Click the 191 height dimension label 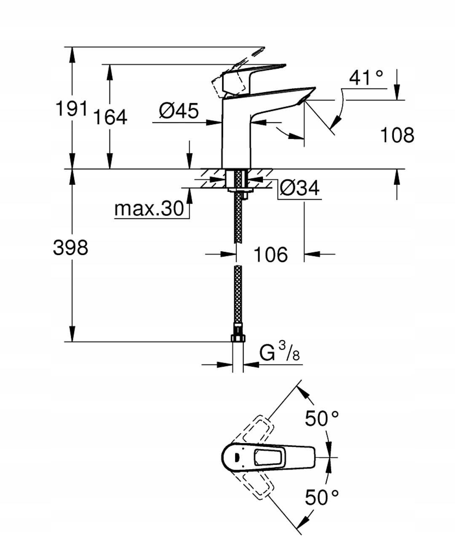pyautogui.click(x=72, y=109)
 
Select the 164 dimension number pyautogui.click(x=110, y=117)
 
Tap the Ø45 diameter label pyautogui.click(x=179, y=111)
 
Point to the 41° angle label pyautogui.click(x=366, y=78)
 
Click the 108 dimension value pyautogui.click(x=397, y=135)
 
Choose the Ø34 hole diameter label pyautogui.click(x=299, y=188)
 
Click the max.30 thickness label pyautogui.click(x=149, y=208)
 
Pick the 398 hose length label pyautogui.click(x=71, y=247)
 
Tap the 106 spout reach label pyautogui.click(x=270, y=255)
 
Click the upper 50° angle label pyautogui.click(x=322, y=418)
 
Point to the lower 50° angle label pyautogui.click(x=322, y=497)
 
